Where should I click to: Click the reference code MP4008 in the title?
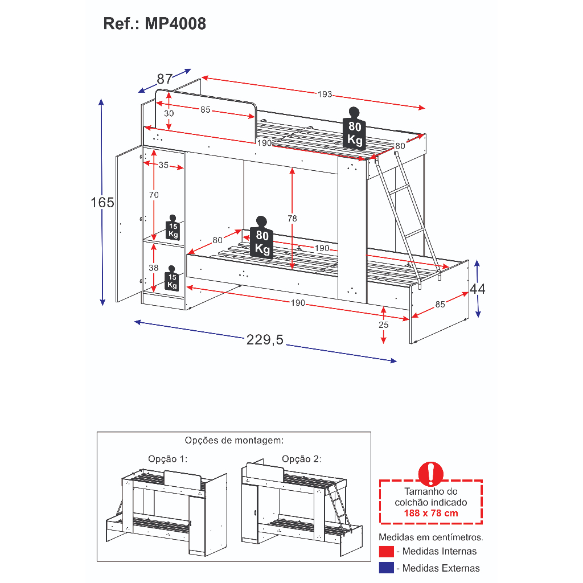[175, 24]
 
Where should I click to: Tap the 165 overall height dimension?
[102, 202]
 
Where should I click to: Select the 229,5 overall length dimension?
[265, 340]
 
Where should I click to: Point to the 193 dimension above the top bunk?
[325, 95]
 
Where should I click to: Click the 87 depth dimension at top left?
[165, 79]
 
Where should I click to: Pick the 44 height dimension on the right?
[478, 289]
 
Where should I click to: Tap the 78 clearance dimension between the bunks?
[292, 218]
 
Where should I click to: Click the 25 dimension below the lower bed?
[384, 325]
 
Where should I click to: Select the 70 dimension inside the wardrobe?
[154, 195]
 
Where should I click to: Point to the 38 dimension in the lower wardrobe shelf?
[154, 268]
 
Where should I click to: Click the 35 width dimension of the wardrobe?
[163, 166]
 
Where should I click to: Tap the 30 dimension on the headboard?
[169, 113]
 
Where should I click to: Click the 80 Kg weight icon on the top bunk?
[355, 129]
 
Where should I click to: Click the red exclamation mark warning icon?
[430, 474]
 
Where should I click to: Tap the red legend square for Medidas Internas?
[387, 551]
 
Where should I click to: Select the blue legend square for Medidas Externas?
[387, 568]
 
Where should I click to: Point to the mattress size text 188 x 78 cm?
[430, 513]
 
